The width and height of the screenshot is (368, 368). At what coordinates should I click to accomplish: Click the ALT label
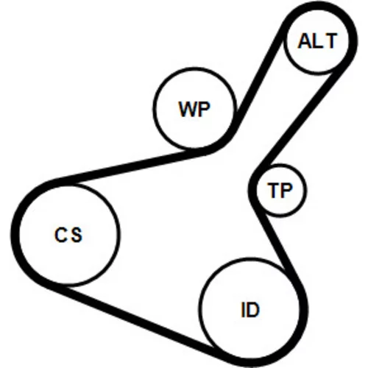coord(317,41)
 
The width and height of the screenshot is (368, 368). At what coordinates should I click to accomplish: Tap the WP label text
coord(194,109)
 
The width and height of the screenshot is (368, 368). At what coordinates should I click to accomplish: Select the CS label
coord(68,235)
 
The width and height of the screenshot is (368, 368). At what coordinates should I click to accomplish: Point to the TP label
coord(280,190)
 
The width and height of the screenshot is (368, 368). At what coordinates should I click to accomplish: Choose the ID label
coord(250,309)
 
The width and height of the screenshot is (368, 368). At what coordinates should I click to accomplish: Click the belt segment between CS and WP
coord(130,167)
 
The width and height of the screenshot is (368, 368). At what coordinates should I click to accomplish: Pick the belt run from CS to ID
coord(138,322)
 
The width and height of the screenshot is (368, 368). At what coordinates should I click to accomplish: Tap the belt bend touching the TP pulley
coord(252,189)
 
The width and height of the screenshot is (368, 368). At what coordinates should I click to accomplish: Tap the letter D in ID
coord(253,309)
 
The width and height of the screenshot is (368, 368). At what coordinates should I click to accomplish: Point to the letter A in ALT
coord(304,41)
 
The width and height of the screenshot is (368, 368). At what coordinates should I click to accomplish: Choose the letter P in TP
coord(287,190)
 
